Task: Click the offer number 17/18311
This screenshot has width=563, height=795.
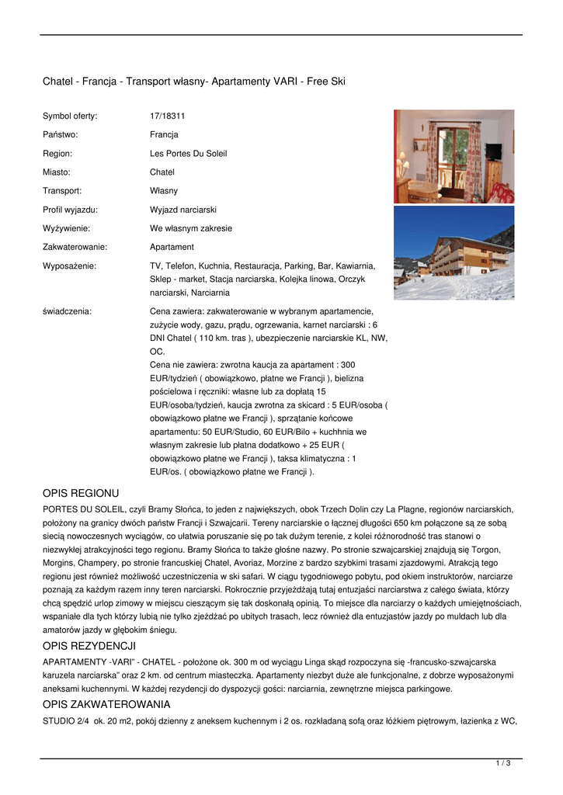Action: click(x=167, y=116)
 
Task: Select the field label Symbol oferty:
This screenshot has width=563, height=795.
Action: click(x=70, y=116)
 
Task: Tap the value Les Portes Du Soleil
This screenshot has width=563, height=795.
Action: click(x=188, y=154)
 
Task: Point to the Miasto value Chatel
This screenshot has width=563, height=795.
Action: click(x=162, y=172)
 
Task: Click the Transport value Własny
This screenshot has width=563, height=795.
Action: click(x=164, y=191)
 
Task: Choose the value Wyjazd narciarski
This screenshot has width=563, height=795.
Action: click(x=183, y=210)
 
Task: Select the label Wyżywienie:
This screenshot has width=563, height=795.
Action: click(x=66, y=228)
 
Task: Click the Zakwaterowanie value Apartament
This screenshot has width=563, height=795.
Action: click(x=172, y=247)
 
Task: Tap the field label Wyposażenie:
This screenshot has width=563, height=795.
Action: click(x=69, y=266)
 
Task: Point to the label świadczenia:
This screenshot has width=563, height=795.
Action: click(x=67, y=311)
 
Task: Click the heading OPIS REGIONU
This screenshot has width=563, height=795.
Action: click(x=81, y=493)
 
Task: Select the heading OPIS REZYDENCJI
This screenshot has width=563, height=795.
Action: click(x=89, y=645)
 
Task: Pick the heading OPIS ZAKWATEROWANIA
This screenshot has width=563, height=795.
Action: click(x=106, y=705)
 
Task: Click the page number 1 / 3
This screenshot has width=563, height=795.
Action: click(x=503, y=764)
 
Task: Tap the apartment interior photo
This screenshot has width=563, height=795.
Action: click(x=454, y=156)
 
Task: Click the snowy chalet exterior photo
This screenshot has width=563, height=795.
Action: click(x=454, y=253)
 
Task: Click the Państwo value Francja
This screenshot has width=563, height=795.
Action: click(x=164, y=135)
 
